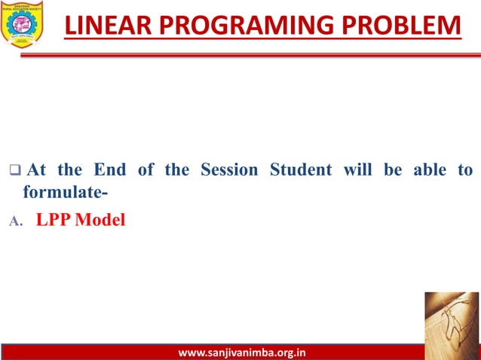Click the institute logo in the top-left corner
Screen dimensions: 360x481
tap(22, 23)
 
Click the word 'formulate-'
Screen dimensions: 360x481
tap(65, 193)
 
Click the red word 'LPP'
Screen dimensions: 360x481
tap(56, 222)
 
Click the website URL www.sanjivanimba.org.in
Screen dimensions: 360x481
tap(240, 352)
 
